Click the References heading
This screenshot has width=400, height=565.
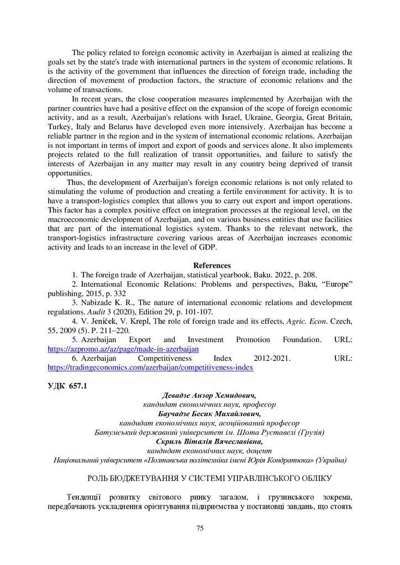pyautogui.click(x=212, y=265)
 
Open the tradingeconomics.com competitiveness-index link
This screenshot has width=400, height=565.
pyautogui.click(x=150, y=367)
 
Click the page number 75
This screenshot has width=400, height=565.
pyautogui.click(x=200, y=528)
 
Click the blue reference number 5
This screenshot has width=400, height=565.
pyautogui.click(x=75, y=339)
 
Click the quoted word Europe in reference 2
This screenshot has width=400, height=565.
pyautogui.click(x=331, y=284)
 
